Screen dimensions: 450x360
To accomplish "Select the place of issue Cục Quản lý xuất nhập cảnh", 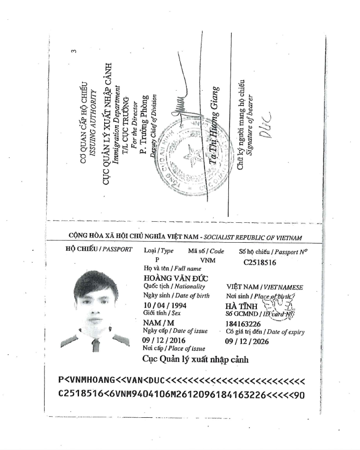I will (195, 359).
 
